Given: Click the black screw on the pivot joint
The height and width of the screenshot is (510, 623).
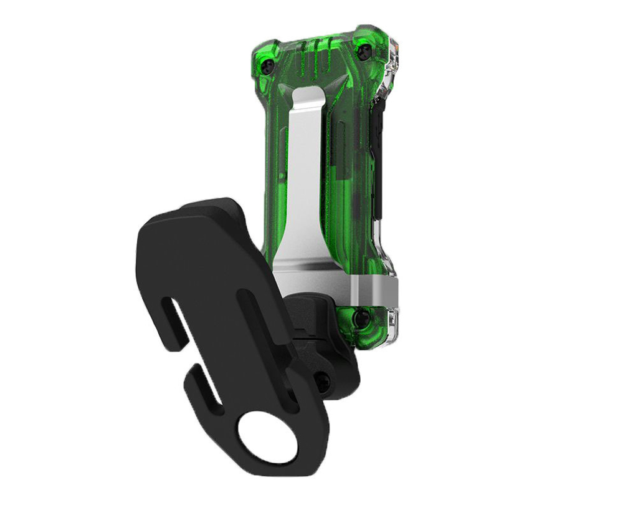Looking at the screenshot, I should (323, 382).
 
